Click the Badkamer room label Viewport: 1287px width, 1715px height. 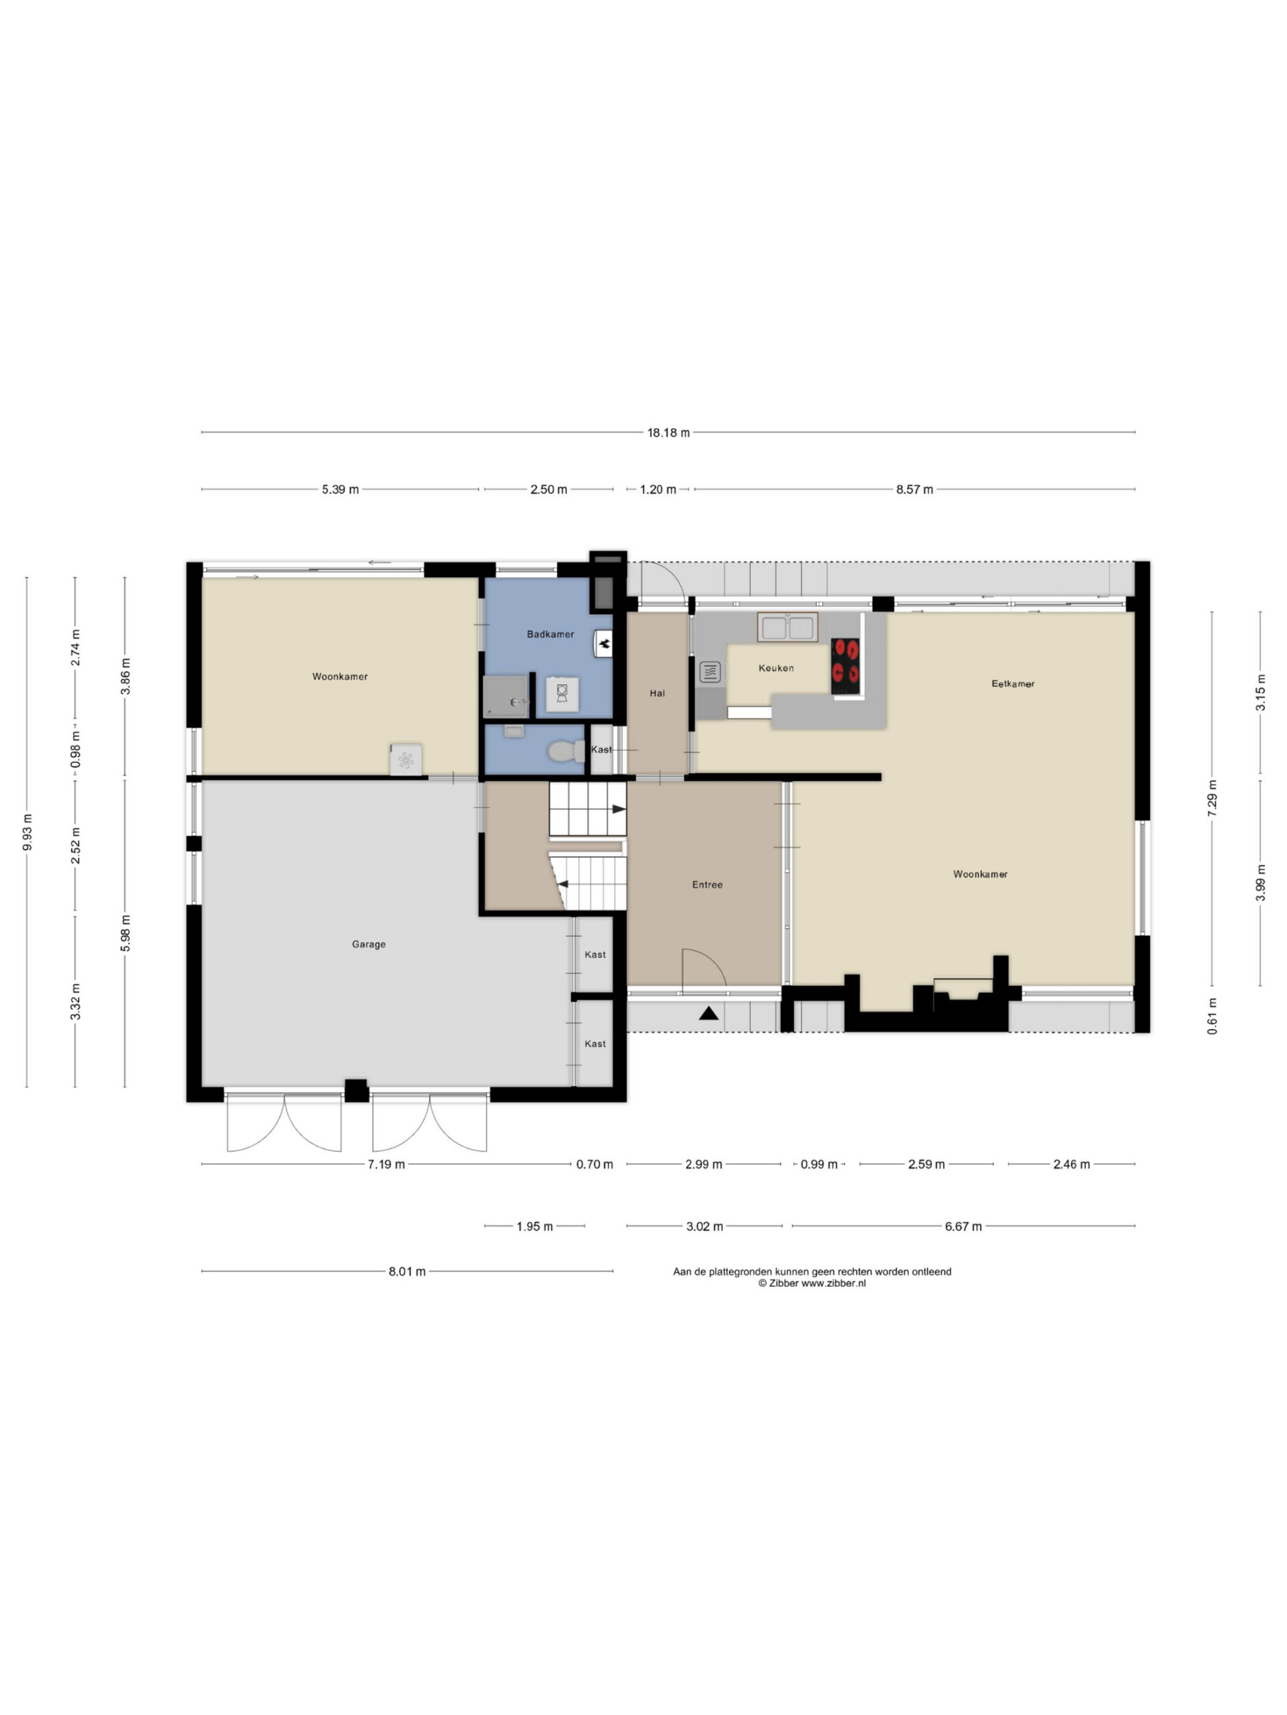(x=550, y=634)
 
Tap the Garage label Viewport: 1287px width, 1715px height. (x=369, y=945)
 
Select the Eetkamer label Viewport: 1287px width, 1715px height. (x=1012, y=684)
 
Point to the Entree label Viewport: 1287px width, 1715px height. (x=707, y=885)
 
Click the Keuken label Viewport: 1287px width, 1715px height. (x=776, y=667)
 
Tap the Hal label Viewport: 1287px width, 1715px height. (x=657, y=693)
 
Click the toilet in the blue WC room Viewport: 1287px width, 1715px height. (x=566, y=751)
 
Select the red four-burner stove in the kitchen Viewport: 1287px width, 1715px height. (x=845, y=666)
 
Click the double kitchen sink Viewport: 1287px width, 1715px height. (x=788, y=627)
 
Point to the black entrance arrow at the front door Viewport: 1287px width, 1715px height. (x=709, y=1014)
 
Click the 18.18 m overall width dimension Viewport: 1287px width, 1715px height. (x=668, y=433)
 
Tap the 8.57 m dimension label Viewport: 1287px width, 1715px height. (x=914, y=489)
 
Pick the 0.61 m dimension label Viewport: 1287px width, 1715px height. (x=1213, y=1017)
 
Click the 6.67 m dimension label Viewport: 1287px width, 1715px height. (x=963, y=1226)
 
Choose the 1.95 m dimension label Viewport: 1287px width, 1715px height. (x=534, y=1226)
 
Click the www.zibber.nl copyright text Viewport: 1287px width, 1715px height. (x=812, y=1283)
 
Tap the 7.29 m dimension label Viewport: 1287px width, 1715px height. (x=1213, y=795)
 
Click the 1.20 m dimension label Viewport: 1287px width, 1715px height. (x=658, y=489)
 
